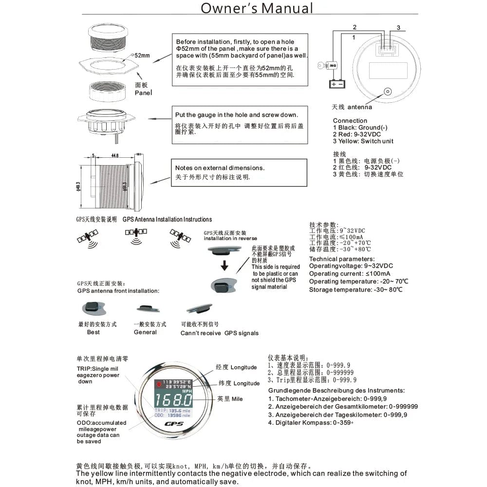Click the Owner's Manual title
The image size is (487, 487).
[x=257, y=8]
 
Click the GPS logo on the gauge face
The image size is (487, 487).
[x=173, y=425]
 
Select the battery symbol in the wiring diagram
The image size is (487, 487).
[x=337, y=84]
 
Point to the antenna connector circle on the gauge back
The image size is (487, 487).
[x=388, y=92]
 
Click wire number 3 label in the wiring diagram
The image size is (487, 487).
[x=398, y=28]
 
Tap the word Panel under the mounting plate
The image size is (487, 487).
[x=143, y=92]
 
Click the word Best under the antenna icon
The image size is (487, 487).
[x=93, y=332]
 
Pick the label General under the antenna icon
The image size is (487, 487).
[x=145, y=332]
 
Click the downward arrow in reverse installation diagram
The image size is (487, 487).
[x=225, y=266]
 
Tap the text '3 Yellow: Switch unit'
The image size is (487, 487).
[x=363, y=141]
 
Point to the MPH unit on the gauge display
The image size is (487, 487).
[x=186, y=391]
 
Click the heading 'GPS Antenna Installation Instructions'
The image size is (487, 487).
[x=167, y=220]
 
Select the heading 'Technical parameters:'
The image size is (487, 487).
[x=342, y=259]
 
